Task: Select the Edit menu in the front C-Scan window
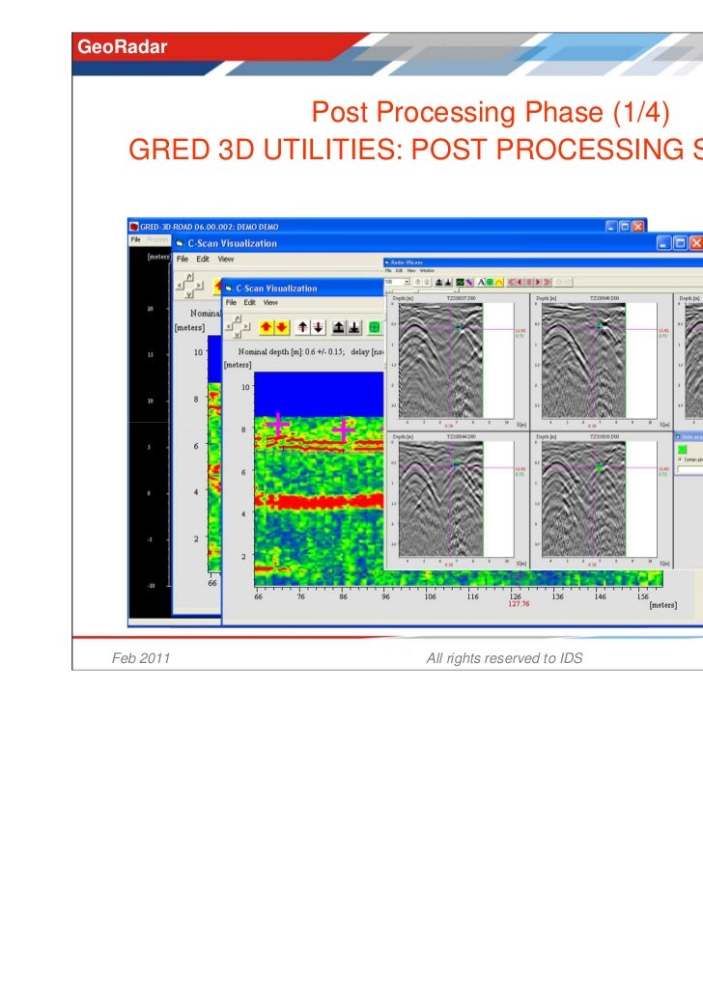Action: (249, 302)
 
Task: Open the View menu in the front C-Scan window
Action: (270, 302)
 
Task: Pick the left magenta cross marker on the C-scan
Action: (278, 425)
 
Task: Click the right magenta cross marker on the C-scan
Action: (343, 431)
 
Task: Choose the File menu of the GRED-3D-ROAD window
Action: (136, 238)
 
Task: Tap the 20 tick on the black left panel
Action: (150, 309)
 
